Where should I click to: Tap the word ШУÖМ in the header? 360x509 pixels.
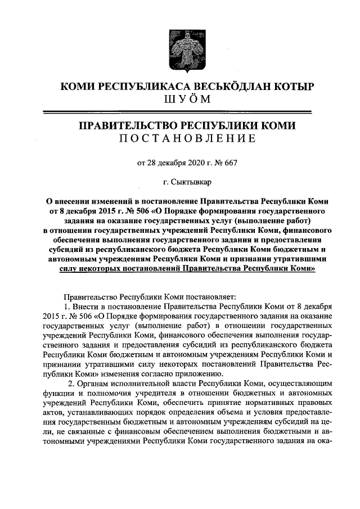pyautogui.click(x=179, y=100)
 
